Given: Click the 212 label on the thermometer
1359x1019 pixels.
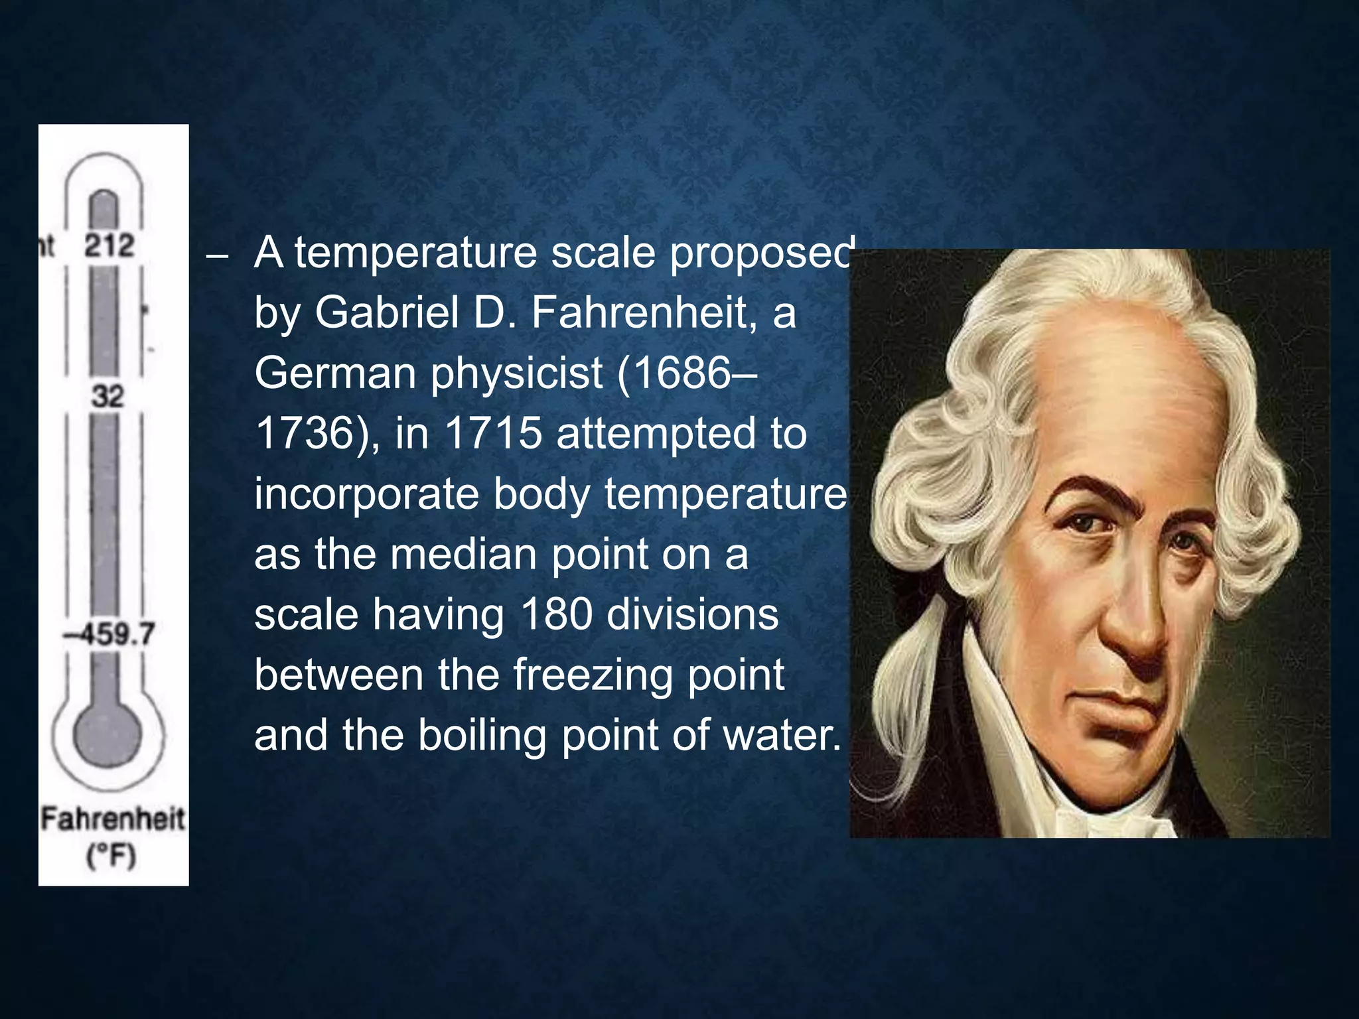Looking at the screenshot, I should click(x=109, y=245).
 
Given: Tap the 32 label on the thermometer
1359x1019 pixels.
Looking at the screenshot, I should click(x=107, y=396).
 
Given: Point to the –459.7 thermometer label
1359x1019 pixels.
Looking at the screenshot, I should click(x=109, y=634).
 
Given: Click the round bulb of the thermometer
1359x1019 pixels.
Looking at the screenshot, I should click(x=107, y=736).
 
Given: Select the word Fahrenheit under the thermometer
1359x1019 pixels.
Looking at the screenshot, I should click(x=113, y=819).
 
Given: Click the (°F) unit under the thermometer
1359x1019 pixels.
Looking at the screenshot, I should click(x=111, y=856).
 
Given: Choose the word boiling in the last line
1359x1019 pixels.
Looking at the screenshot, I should click(x=481, y=736).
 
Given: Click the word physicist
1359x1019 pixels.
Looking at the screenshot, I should click(x=517, y=374).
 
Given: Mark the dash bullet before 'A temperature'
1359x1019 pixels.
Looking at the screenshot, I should click(x=217, y=256).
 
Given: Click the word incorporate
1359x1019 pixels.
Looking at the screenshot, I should click(x=366, y=494).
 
